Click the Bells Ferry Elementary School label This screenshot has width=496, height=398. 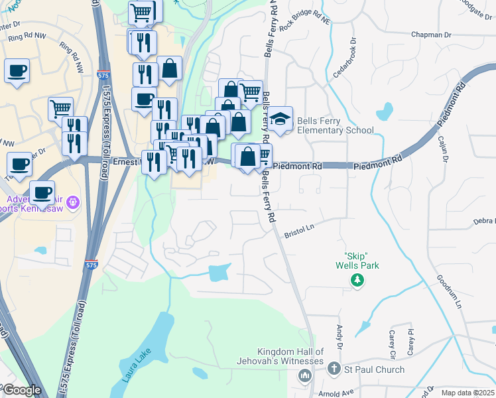tap(335, 125)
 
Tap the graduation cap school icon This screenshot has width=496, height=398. tap(280, 119)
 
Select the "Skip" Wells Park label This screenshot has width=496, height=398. tap(357, 261)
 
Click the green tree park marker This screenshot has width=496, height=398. tap(357, 281)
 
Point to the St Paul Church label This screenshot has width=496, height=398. tap(365, 369)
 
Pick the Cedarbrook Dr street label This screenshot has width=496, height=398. tap(345, 62)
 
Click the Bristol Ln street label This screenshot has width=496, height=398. tap(299, 230)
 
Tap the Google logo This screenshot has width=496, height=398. tap(21, 390)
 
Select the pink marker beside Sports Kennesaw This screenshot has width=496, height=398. tap(73, 201)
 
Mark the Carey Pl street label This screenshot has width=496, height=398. tap(410, 341)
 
